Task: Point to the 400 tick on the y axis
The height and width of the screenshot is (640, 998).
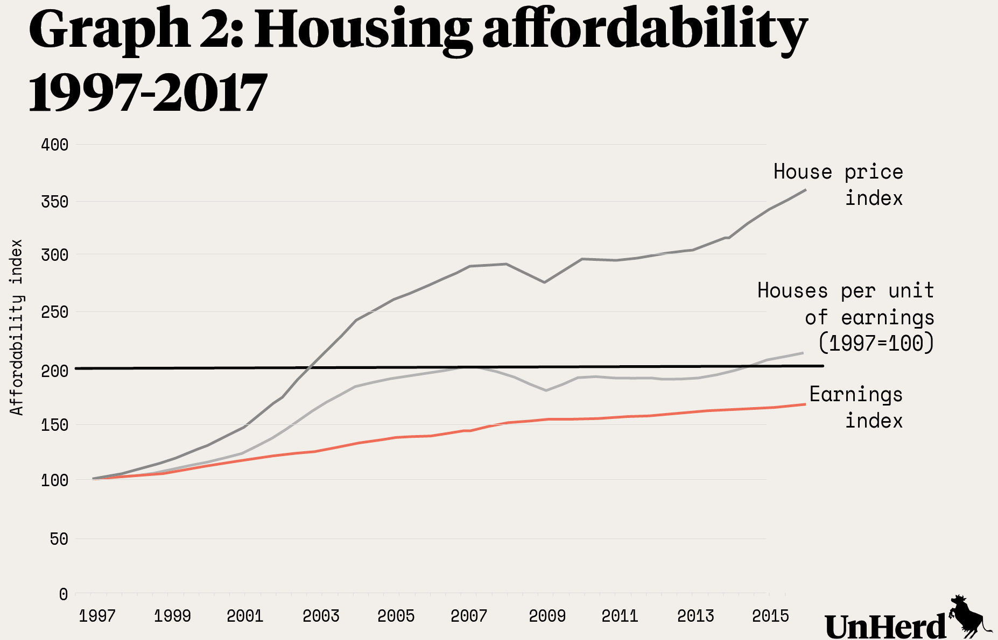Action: pyautogui.click(x=55, y=145)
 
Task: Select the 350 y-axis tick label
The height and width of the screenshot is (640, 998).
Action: pyautogui.click(x=55, y=202)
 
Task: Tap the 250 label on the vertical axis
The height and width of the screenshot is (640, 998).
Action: pyautogui.click(x=55, y=312)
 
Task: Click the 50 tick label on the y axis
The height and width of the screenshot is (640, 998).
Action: pyautogui.click(x=59, y=539)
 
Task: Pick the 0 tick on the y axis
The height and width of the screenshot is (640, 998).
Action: pyautogui.click(x=64, y=594)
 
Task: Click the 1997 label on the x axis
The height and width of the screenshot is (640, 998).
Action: pyautogui.click(x=97, y=616)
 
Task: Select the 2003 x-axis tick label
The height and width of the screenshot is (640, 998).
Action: pyautogui.click(x=321, y=616)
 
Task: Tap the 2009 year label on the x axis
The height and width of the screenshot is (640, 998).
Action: pyautogui.click(x=547, y=616)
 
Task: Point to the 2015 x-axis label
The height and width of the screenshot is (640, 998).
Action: pyautogui.click(x=770, y=616)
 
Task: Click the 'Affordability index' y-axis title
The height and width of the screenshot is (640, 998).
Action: pyautogui.click(x=17, y=328)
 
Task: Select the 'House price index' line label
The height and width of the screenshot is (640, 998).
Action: pyautogui.click(x=839, y=185)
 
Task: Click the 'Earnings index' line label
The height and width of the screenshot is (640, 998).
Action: pyautogui.click(x=856, y=407)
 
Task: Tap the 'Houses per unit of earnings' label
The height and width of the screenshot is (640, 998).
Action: pyautogui.click(x=846, y=317)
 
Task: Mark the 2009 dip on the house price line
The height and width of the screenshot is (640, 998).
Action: pyautogui.click(x=545, y=282)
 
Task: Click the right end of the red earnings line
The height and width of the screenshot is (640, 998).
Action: pyautogui.click(x=805, y=404)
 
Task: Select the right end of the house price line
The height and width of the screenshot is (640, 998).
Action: pyautogui.click(x=805, y=190)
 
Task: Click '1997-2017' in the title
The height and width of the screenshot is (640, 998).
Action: pyautogui.click(x=147, y=93)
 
